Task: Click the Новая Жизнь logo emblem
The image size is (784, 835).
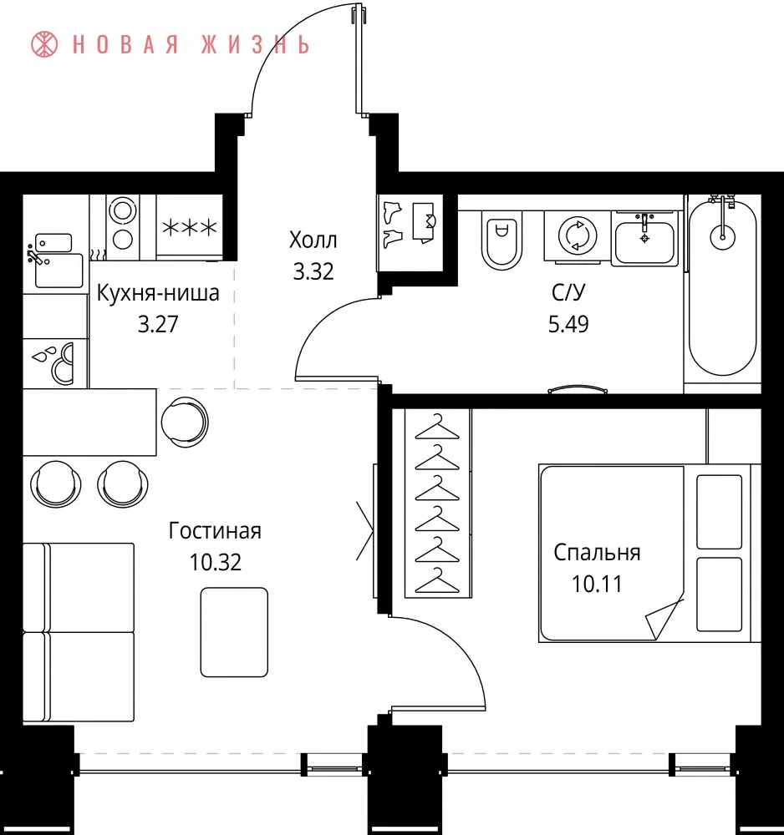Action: [x=43, y=44]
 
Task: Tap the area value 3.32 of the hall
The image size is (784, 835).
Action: [x=313, y=271]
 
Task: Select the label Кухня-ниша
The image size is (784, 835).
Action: [x=158, y=293]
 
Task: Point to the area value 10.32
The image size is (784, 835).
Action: [x=216, y=562]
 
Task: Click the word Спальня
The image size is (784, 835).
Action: [x=597, y=553]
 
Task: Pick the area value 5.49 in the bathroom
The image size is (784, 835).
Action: [x=568, y=323]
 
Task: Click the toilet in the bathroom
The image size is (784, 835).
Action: [x=501, y=240]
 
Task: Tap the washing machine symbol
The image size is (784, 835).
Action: [x=577, y=236]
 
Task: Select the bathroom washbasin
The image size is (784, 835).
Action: [x=644, y=239]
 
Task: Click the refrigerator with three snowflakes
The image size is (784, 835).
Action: [x=189, y=227]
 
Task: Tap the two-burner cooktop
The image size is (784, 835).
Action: [x=123, y=227]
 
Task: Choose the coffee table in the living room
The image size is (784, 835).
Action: [x=235, y=632]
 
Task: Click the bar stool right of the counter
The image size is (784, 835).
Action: [x=185, y=423]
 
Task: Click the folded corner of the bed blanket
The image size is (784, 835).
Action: [x=664, y=618]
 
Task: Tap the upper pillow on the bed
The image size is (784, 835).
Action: [x=720, y=512]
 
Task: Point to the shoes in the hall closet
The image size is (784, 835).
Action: [x=393, y=224]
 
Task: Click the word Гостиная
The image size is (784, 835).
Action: [x=215, y=531]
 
